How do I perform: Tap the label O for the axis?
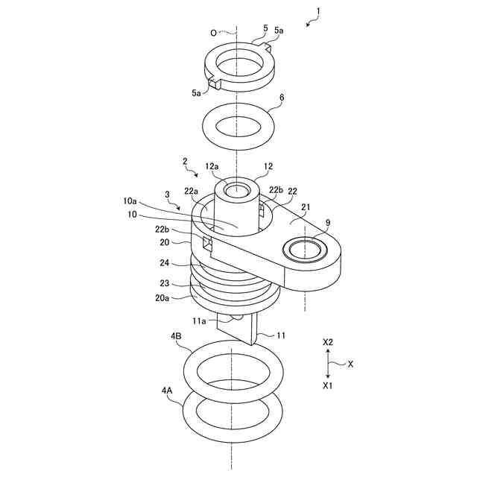215,33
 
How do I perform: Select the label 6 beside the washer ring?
282,98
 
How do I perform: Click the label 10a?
130,201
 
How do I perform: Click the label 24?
165,262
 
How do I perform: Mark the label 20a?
162,297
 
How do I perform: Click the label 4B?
177,336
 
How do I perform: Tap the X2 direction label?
328,342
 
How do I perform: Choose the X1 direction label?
328,386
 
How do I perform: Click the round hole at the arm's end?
304,249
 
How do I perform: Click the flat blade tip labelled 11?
241,332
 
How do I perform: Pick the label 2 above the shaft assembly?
185,160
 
